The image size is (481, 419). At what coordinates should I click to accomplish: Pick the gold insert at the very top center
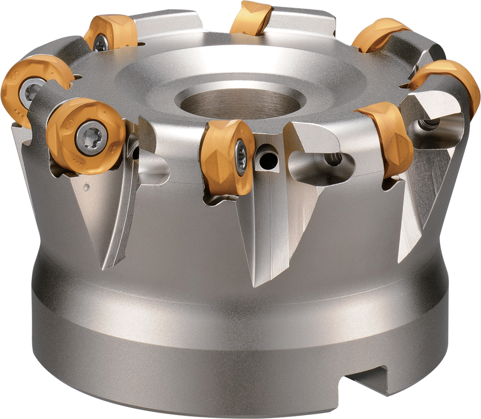coord(251,18)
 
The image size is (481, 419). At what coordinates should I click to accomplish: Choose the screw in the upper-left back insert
coord(101,44)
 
